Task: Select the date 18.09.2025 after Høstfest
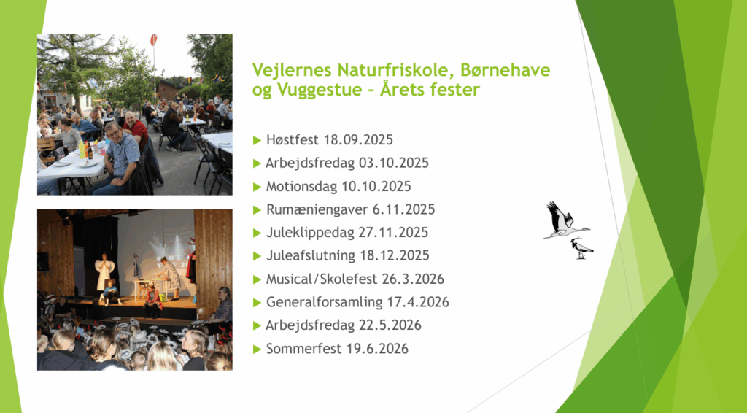[x=358, y=140]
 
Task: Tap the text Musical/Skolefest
[x=322, y=279]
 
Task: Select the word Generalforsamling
[x=325, y=303]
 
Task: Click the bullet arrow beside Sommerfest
[x=258, y=350]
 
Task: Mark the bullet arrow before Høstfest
[x=258, y=141]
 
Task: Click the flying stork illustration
[x=566, y=220]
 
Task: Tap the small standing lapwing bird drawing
[x=581, y=249]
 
